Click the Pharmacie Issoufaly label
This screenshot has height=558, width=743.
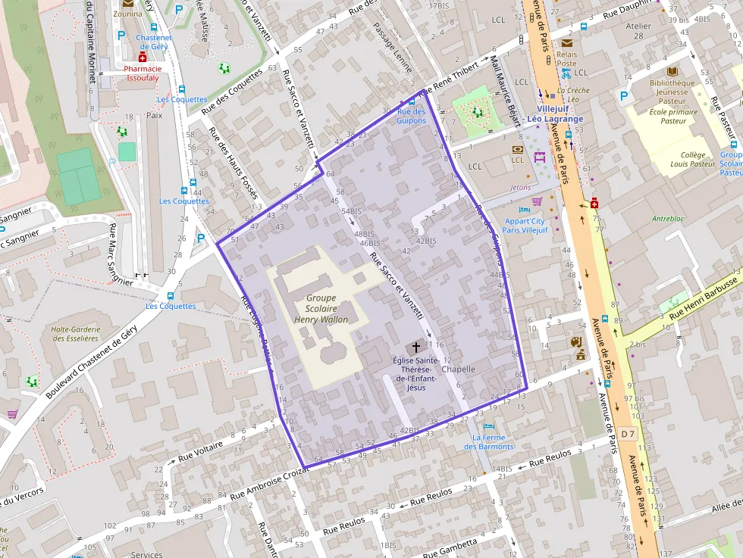pyautogui.click(x=143, y=73)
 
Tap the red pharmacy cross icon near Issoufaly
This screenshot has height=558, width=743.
pyautogui.click(x=142, y=57)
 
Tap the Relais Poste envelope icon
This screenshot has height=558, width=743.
pyautogui.click(x=566, y=43)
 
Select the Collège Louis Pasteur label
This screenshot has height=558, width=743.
pyautogui.click(x=691, y=159)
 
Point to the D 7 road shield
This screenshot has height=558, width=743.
pyautogui.click(x=626, y=434)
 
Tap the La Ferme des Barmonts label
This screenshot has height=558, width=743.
pyautogui.click(x=488, y=441)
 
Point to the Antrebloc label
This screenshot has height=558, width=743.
pyautogui.click(x=667, y=219)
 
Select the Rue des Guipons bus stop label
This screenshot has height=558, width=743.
pyautogui.click(x=411, y=116)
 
